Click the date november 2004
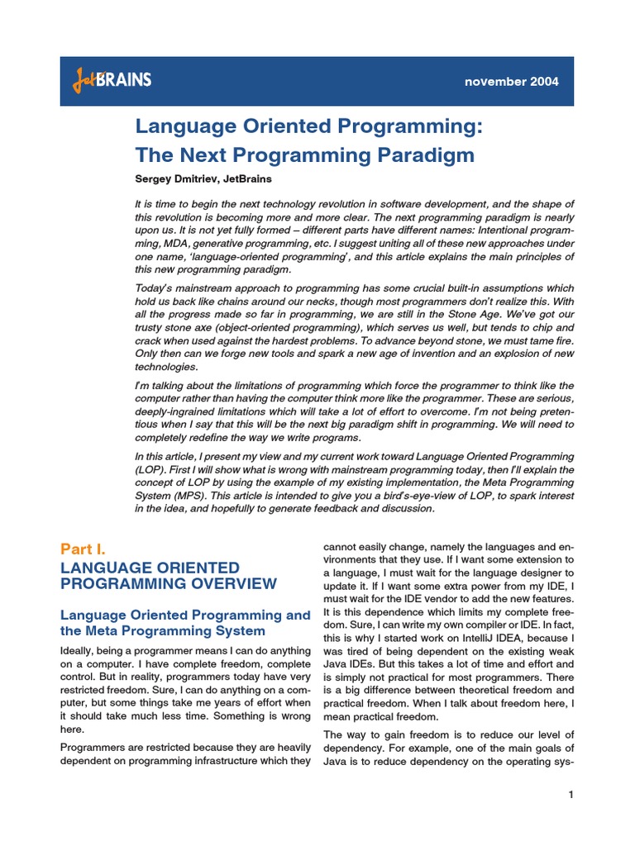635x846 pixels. [511, 82]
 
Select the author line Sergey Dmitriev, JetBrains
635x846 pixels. [203, 178]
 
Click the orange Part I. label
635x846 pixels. [84, 549]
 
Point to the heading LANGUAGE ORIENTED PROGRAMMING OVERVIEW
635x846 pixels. [169, 576]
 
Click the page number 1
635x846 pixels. [571, 795]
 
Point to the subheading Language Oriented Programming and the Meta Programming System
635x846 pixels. [185, 623]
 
